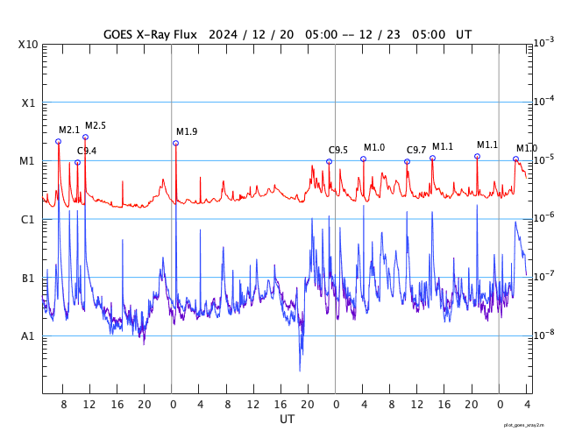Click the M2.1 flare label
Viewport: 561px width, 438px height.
tap(69, 131)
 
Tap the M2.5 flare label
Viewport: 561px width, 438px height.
tap(96, 126)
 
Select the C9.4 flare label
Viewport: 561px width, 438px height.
tap(87, 152)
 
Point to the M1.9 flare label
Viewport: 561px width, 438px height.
tap(187, 132)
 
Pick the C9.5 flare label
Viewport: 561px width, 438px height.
tap(338, 151)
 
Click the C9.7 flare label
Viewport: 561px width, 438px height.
tap(416, 151)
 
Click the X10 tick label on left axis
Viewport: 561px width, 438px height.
tap(28, 45)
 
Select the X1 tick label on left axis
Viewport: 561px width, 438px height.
tap(28, 103)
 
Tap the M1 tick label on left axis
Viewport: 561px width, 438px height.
tap(28, 161)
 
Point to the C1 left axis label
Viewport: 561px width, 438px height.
tap(28, 220)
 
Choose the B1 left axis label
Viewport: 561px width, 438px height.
tap(28, 279)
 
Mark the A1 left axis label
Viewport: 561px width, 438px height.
tap(28, 336)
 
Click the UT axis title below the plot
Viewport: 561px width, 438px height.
tap(287, 420)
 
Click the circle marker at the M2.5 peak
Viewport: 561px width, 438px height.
tap(85, 137)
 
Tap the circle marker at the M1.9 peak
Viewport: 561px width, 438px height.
tap(175, 143)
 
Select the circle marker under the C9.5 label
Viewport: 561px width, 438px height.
tap(329, 161)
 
